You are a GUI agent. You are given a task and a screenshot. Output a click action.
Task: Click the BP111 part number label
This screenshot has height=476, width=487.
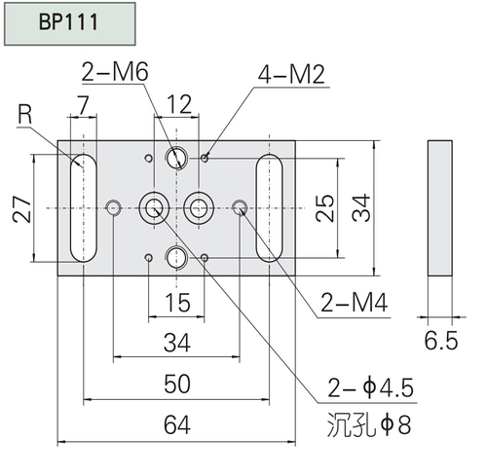pyautogui.click(x=68, y=22)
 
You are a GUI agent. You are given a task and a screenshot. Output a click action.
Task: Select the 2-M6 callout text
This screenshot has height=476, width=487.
pyautogui.click(x=115, y=72)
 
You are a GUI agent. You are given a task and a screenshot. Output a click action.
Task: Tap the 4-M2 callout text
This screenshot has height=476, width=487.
pyautogui.click(x=291, y=75)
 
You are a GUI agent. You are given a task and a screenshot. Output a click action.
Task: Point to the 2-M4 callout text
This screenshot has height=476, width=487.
pyautogui.click(x=354, y=303)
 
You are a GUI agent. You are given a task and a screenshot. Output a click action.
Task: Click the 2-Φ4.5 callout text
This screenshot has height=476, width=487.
pyautogui.click(x=370, y=387)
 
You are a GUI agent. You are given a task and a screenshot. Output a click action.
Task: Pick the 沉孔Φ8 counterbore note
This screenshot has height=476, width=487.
pyautogui.click(x=369, y=424)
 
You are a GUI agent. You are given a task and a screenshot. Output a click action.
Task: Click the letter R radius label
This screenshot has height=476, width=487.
pyautogui.click(x=25, y=115)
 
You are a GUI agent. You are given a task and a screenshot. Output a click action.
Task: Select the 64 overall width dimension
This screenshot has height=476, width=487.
pyautogui.click(x=176, y=425)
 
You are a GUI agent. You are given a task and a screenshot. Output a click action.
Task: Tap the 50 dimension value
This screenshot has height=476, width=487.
pyautogui.click(x=177, y=384)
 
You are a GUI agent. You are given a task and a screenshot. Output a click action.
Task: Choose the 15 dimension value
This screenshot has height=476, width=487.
pyautogui.click(x=177, y=303)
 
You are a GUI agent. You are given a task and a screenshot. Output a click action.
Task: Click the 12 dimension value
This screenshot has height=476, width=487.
pyautogui.click(x=179, y=104)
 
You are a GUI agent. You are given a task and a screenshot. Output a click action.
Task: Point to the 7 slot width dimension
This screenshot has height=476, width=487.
pyautogui.click(x=84, y=105)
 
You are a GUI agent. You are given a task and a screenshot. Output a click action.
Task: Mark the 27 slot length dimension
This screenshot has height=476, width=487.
pyautogui.click(x=22, y=209)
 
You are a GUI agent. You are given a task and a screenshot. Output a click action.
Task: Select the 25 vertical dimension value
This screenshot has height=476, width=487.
pyautogui.click(x=324, y=208)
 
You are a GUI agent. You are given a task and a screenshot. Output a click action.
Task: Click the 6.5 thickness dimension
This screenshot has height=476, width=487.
pyautogui.click(x=441, y=341)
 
